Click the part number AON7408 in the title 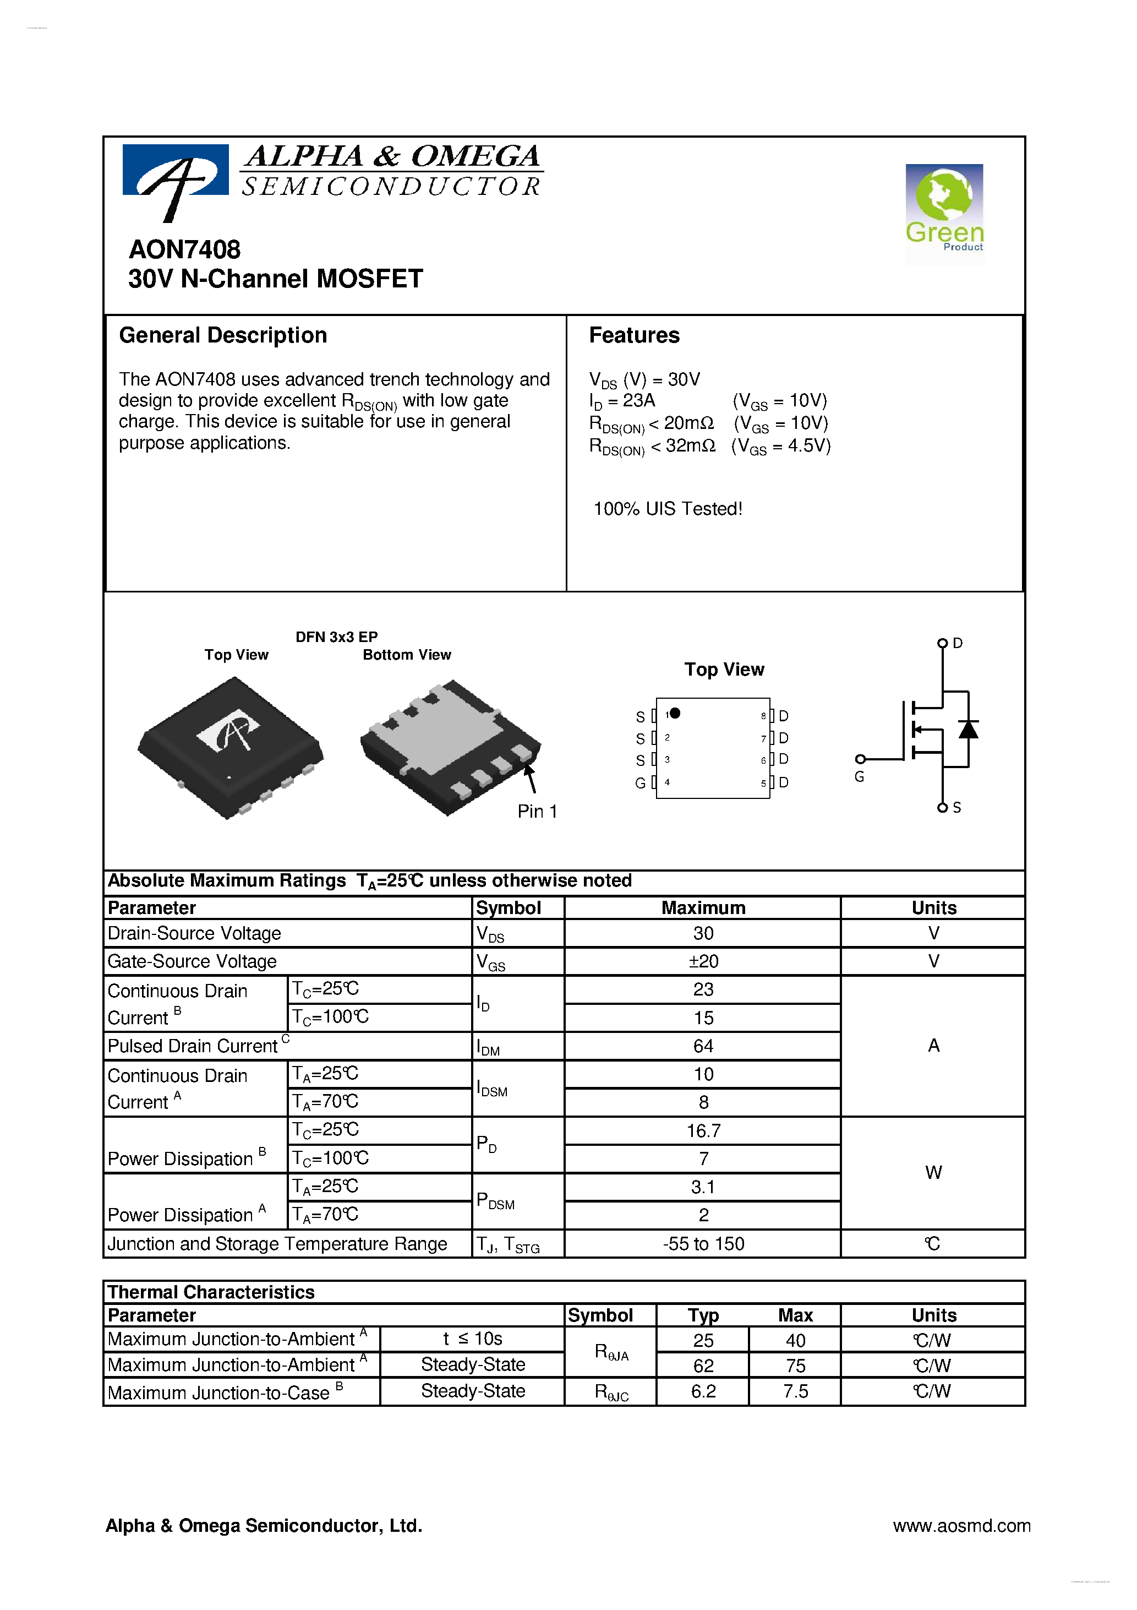[184, 249]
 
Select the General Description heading [223, 335]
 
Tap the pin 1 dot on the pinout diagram [675, 713]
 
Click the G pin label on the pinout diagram [640, 782]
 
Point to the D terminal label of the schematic [958, 643]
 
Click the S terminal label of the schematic [957, 807]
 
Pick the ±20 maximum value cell [703, 961]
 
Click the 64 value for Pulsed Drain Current [703, 1046]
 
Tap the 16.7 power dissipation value [703, 1130]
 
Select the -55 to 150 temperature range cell [703, 1243]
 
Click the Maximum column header [703, 907]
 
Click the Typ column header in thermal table [703, 1315]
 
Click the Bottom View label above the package [407, 654]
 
